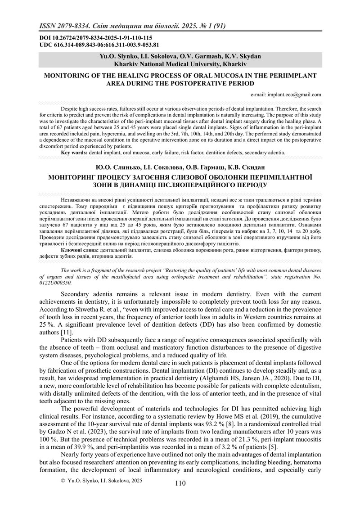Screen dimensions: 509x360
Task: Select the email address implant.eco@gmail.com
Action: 294,95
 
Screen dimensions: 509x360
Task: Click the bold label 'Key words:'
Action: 75,153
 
